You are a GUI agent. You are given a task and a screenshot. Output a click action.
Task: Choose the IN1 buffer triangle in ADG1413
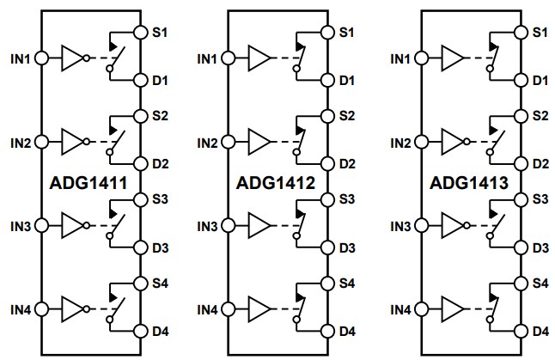452,58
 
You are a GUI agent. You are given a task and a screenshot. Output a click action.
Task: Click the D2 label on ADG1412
347,163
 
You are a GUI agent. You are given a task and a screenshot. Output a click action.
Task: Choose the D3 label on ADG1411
159,247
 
